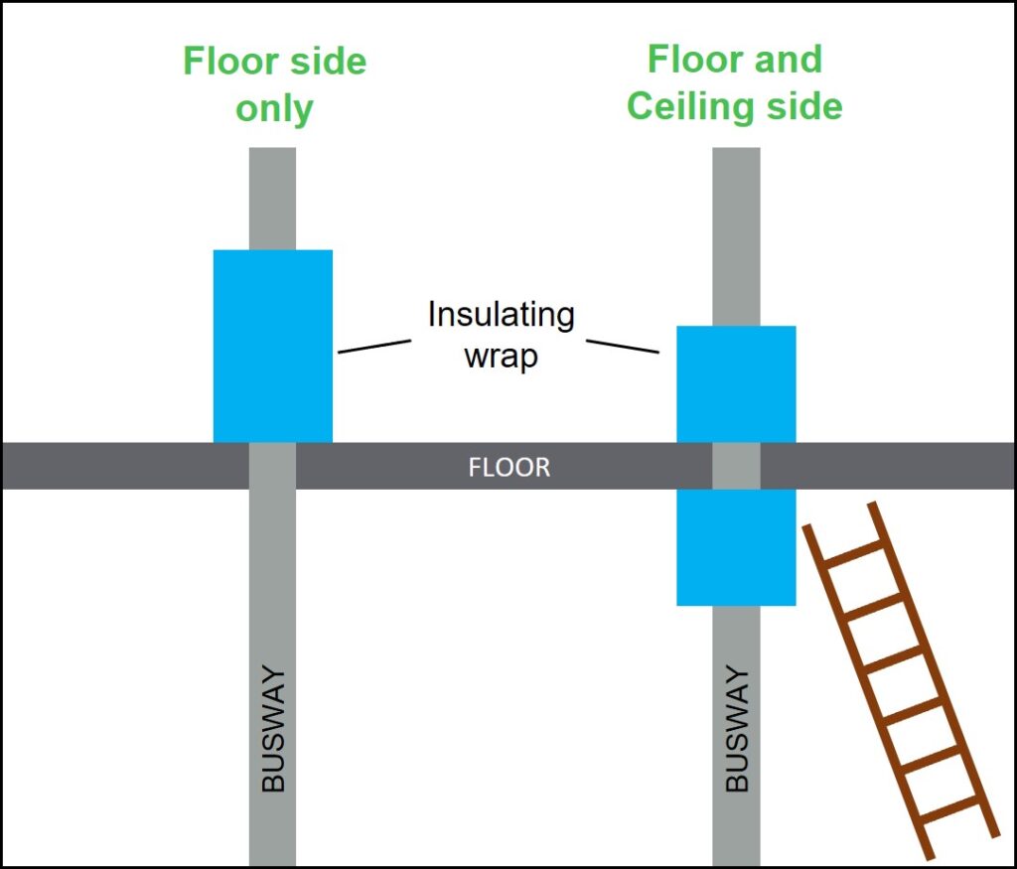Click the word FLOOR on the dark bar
point(508,467)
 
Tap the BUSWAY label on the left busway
point(273,729)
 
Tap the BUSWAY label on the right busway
point(736,729)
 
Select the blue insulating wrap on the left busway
point(273,346)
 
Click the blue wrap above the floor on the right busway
point(736,383)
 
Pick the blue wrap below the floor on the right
point(736,547)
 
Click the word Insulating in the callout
point(501,315)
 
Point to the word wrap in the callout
point(501,356)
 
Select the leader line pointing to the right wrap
point(623,346)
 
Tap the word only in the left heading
point(274,108)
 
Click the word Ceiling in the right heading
point(688,105)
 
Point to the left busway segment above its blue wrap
point(272,199)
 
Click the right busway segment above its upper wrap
point(736,236)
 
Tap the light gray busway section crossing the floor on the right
point(736,466)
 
